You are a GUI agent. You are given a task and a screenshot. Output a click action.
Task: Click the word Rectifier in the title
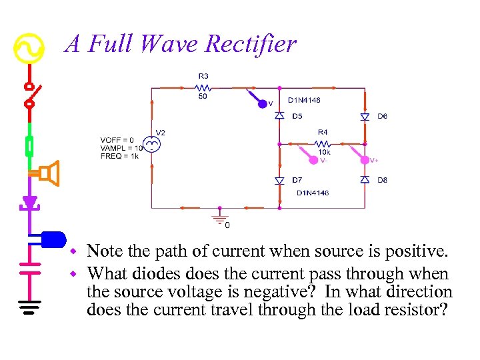click(x=251, y=44)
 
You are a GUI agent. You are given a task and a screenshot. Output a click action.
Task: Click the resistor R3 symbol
click(x=203, y=87)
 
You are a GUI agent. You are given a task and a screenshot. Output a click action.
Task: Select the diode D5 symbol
click(x=280, y=116)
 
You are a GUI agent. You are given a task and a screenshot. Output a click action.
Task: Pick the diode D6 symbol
click(x=365, y=116)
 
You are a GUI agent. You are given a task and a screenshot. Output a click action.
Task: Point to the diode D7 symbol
click(x=280, y=180)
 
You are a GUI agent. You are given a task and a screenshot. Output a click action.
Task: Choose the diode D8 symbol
click(x=365, y=180)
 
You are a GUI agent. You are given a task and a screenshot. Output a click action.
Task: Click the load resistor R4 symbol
click(x=323, y=143)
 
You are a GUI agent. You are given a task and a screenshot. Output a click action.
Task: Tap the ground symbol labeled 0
click(x=217, y=217)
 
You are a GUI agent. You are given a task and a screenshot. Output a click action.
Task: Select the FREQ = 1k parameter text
click(x=120, y=156)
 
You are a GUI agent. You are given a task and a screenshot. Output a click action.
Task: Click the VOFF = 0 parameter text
click(x=117, y=140)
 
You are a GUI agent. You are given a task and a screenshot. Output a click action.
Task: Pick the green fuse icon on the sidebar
click(x=29, y=144)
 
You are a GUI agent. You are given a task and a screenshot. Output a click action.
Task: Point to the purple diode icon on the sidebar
click(x=29, y=202)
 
